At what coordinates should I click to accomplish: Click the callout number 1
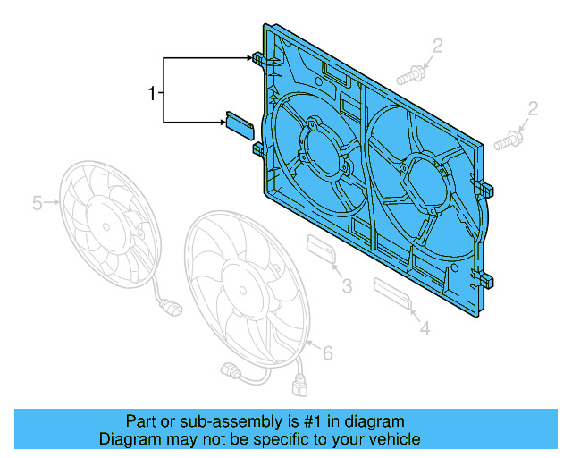pos(152,92)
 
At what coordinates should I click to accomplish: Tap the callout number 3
pos(347,286)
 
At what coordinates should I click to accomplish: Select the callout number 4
pos(425,329)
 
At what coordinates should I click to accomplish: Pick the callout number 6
pos(327,354)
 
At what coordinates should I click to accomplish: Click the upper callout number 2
pos(438,46)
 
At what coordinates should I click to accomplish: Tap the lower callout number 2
pos(533,109)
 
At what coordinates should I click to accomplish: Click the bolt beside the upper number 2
pos(409,75)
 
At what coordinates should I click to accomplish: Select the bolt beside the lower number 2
pos(506,140)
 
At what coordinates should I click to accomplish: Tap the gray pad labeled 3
pos(320,250)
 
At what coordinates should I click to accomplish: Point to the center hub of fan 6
pos(243,288)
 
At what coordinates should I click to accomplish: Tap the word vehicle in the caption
pos(391,439)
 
